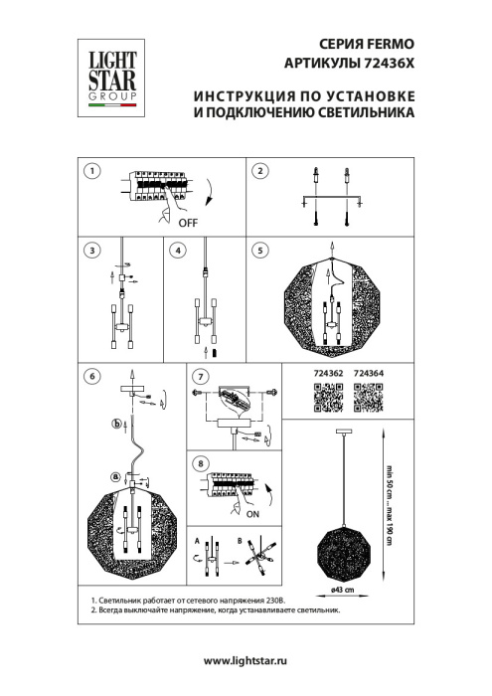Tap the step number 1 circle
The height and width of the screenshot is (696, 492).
[92, 171]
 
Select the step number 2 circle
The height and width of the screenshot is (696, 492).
[260, 171]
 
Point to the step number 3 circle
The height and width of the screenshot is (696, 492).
[92, 250]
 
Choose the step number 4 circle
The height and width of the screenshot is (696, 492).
[177, 250]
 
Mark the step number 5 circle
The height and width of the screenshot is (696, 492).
[260, 250]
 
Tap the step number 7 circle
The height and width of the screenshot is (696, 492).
[201, 377]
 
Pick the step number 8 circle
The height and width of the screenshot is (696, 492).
[201, 462]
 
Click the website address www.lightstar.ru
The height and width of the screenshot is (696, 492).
[245, 661]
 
